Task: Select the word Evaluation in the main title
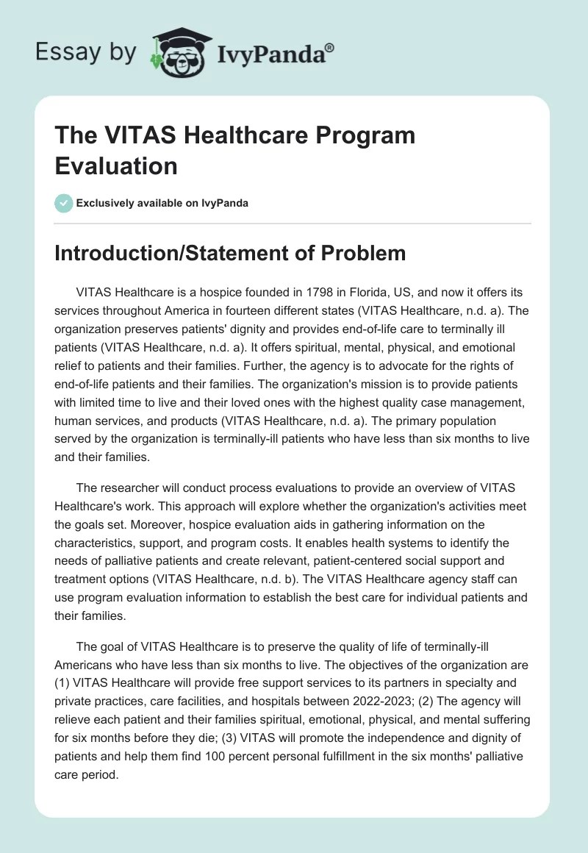(116, 165)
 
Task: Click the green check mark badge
(64, 203)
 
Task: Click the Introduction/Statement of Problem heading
(230, 253)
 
